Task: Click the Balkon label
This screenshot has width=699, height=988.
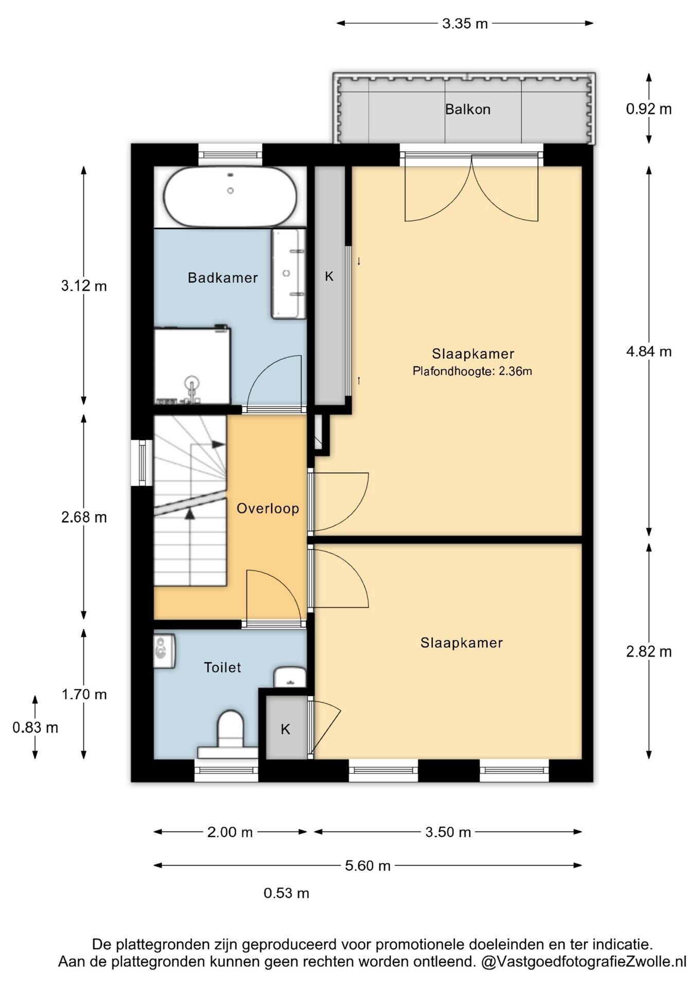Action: (x=467, y=109)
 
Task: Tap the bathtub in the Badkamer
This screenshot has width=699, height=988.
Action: (x=230, y=196)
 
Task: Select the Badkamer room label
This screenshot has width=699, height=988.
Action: (x=222, y=278)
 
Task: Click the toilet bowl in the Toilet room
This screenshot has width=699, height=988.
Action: (x=230, y=729)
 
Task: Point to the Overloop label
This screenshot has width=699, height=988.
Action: (x=268, y=508)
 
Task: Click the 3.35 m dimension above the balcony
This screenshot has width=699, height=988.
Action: (x=465, y=23)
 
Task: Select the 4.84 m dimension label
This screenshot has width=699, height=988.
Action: (x=649, y=351)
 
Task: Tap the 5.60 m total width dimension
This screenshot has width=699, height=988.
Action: (x=368, y=866)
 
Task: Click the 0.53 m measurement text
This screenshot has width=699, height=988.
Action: (x=286, y=893)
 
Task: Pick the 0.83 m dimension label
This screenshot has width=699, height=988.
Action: (x=35, y=728)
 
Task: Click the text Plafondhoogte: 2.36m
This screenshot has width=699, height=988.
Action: (x=472, y=371)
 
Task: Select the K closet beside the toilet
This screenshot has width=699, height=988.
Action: (x=285, y=727)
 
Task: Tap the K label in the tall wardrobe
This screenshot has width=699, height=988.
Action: (x=329, y=277)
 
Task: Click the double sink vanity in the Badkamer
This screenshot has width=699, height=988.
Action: (x=288, y=274)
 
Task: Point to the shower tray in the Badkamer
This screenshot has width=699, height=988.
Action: (x=192, y=366)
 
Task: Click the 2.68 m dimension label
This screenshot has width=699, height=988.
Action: (x=84, y=517)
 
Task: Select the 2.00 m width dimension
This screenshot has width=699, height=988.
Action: (x=230, y=832)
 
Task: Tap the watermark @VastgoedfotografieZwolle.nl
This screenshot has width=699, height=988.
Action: (x=584, y=961)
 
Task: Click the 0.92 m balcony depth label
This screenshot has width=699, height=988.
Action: (x=649, y=109)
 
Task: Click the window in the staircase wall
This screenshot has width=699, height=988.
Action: (x=142, y=463)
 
